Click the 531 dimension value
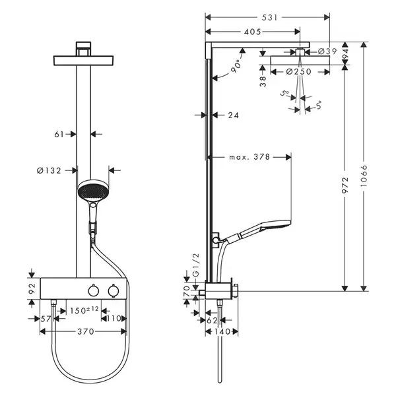(269, 17)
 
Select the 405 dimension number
(252, 32)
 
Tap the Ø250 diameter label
(299, 72)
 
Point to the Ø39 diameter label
(327, 51)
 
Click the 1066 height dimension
(364, 176)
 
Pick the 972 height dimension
(345, 185)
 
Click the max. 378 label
(249, 157)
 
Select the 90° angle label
(236, 66)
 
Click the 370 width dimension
(86, 331)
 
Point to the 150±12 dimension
(84, 310)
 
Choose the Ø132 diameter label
(49, 171)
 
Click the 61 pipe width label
(59, 135)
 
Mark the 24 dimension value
(234, 115)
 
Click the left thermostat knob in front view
(93, 290)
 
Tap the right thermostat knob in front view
(113, 290)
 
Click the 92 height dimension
(32, 288)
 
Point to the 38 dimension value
(263, 81)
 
